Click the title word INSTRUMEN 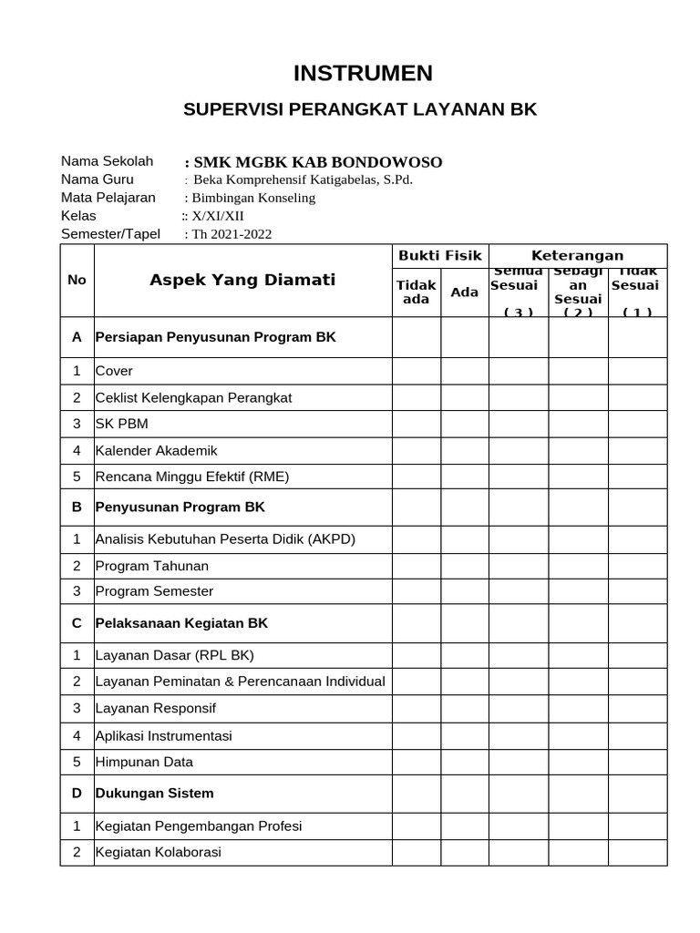click(350, 73)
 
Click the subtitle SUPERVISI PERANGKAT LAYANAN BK click(360, 110)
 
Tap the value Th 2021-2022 click(230, 234)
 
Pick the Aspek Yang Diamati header click(242, 280)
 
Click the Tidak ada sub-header click(416, 292)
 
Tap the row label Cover click(114, 371)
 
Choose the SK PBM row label click(121, 424)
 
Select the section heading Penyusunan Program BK click(180, 507)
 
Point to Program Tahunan click(152, 566)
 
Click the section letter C click(77, 623)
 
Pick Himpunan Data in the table click(144, 762)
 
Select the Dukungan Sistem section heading click(155, 793)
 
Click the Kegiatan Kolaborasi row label click(159, 853)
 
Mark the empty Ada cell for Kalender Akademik click(465, 450)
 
